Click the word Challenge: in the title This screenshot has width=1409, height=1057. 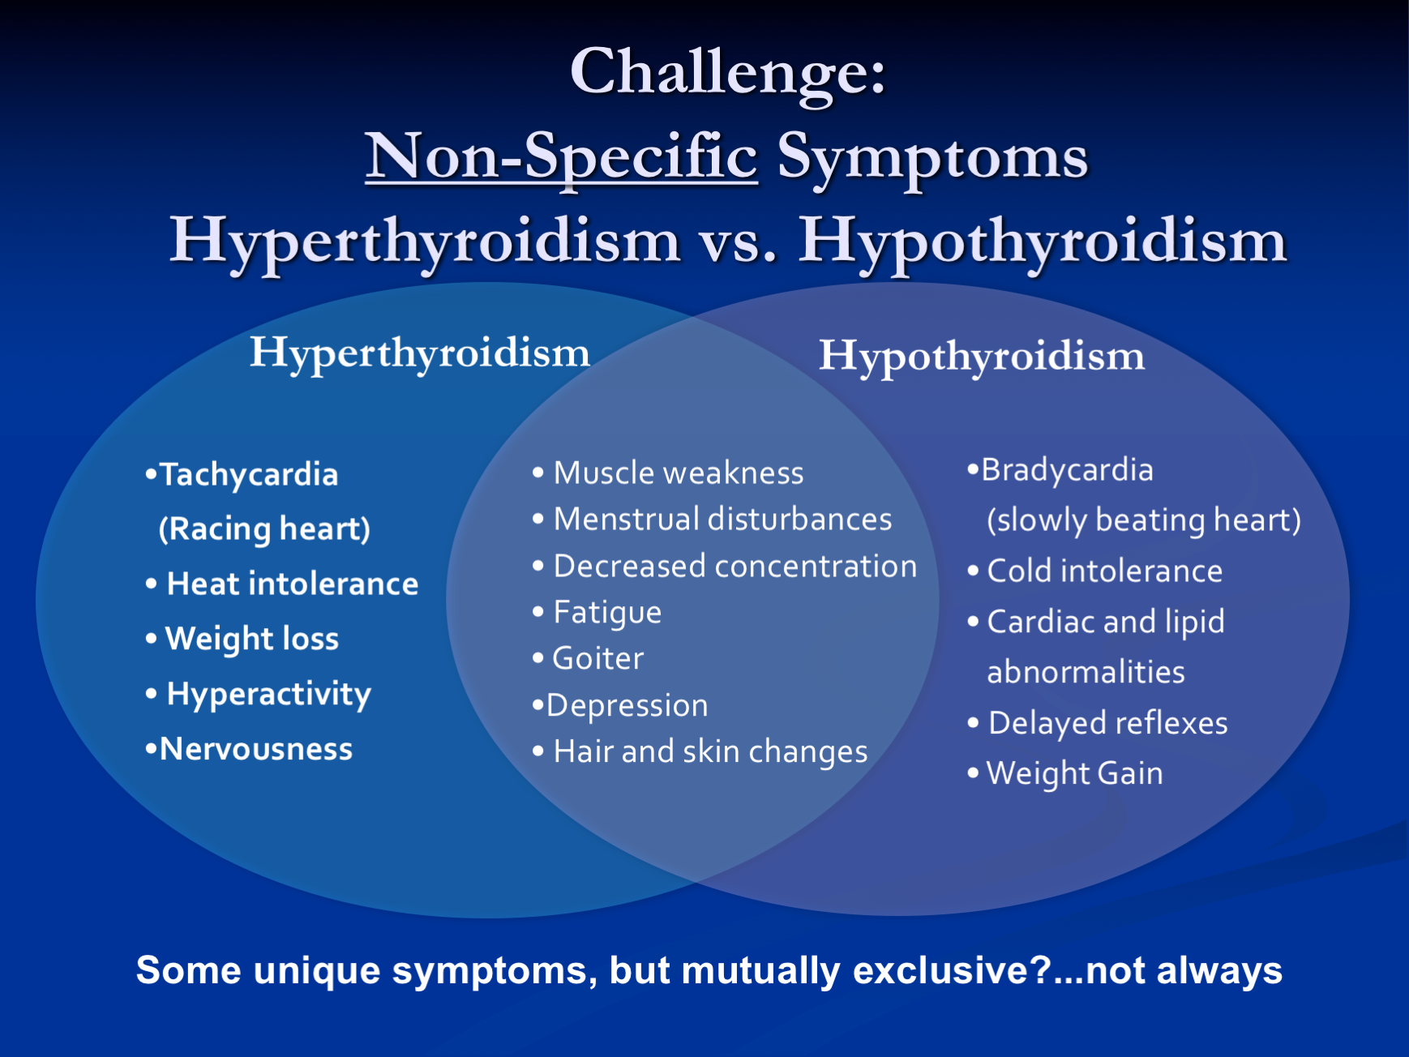728,74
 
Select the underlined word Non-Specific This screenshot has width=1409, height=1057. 561,158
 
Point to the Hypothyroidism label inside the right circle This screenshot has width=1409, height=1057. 982,357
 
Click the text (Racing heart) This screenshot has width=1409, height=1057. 264,529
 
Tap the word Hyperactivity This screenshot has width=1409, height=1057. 269,695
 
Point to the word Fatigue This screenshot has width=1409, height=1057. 607,613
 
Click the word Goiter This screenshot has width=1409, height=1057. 598,658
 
